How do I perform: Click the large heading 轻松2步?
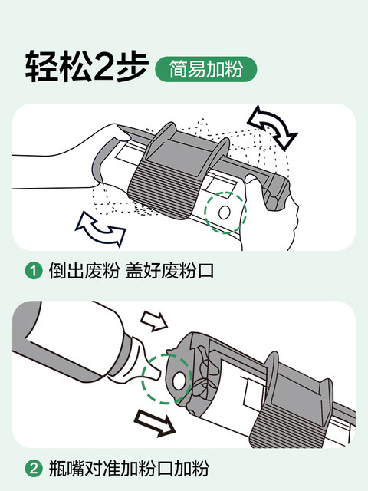pos(87,67)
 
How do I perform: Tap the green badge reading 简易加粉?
pos(206,69)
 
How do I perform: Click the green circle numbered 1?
pos(34,271)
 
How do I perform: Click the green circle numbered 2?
pos(34,469)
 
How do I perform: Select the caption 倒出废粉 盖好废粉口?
pos(131,271)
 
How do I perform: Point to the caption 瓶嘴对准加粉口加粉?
pos(129,469)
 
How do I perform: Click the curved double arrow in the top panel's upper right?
pos(271,127)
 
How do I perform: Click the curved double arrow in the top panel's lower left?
pos(100,229)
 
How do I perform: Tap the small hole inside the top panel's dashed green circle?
pos(225,213)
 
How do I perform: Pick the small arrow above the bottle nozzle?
pos(154,321)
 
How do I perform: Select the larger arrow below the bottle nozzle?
pos(154,423)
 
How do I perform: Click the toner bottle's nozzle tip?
pos(157,374)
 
